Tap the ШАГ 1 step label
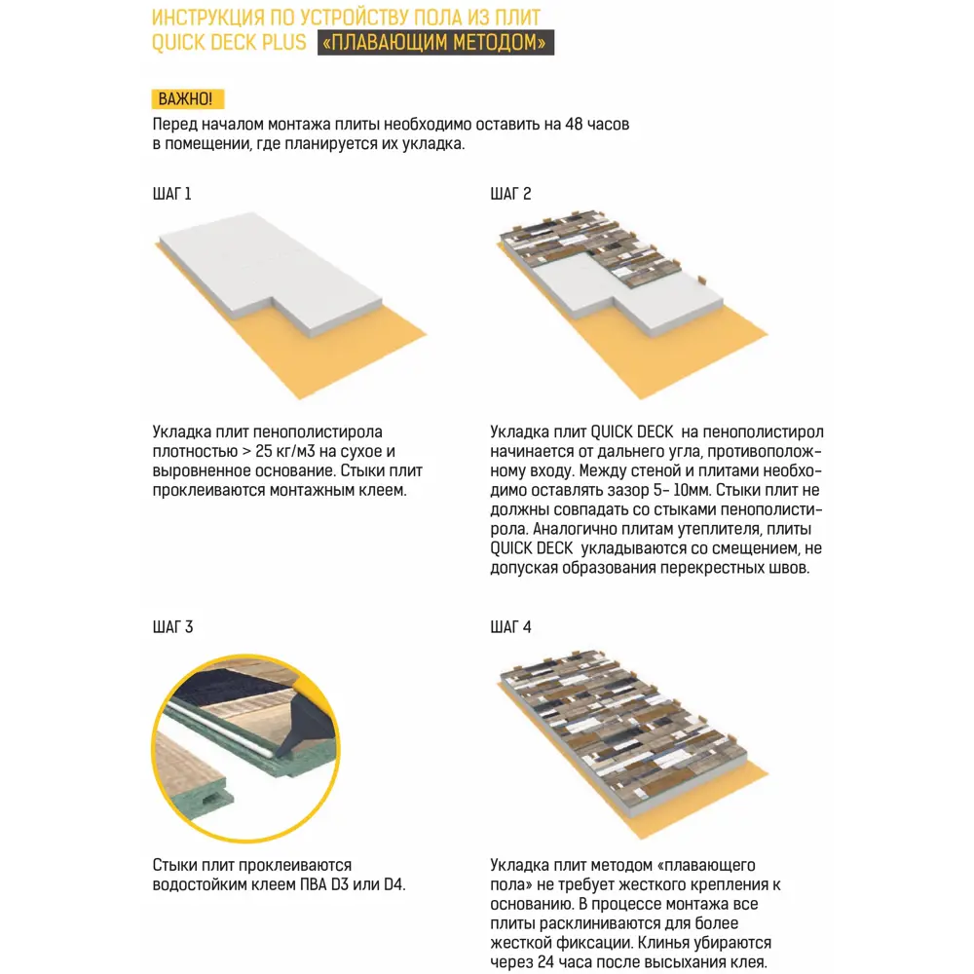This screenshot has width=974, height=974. pos(172,193)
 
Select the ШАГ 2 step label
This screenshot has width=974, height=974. pos(510,193)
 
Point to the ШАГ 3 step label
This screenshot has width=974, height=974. pos(172,626)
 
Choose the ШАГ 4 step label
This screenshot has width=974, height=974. pos(510,626)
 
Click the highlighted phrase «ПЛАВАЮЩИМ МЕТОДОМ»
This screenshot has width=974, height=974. pos(435,43)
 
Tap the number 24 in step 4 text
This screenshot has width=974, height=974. pos(549,962)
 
